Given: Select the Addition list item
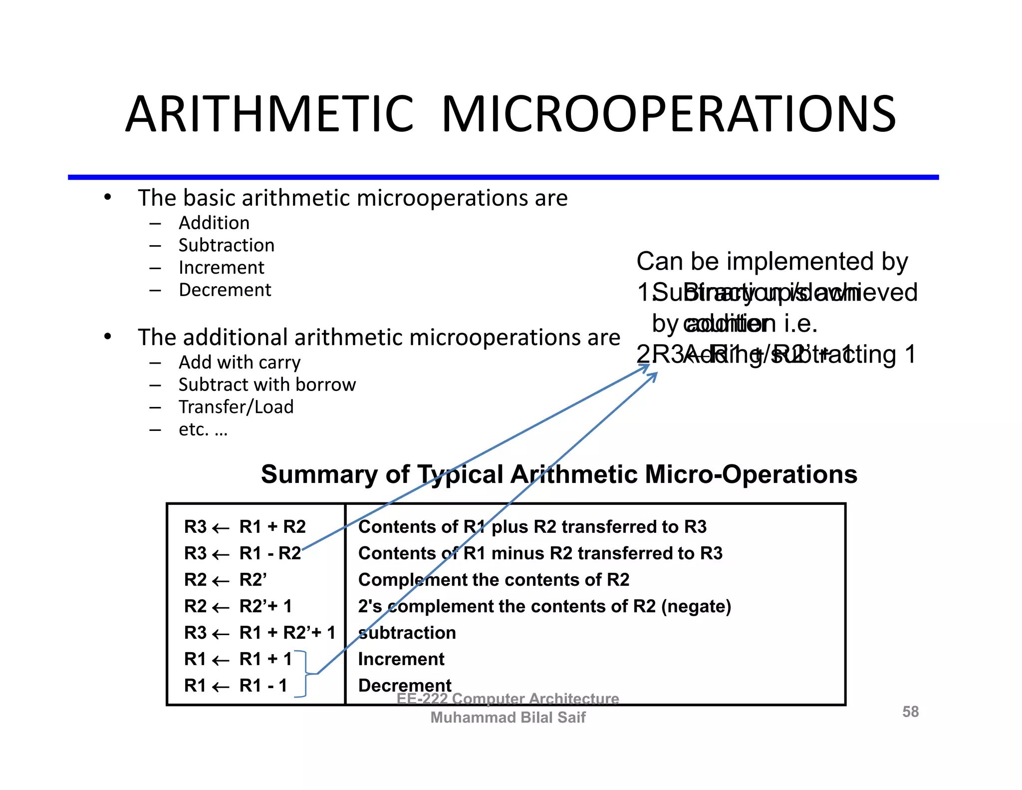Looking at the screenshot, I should [214, 223].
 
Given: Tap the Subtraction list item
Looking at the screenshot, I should [227, 245].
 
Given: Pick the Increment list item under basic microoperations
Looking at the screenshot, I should [222, 268].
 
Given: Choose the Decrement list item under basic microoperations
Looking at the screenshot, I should [225, 290].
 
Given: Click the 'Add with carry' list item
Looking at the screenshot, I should [240, 362].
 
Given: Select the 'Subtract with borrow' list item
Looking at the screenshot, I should [267, 385].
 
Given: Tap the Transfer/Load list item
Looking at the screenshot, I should [236, 407].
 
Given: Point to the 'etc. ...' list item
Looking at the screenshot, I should [203, 429].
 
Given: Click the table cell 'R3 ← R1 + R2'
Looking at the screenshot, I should [245, 527].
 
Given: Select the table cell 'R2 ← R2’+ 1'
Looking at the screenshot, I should [238, 606].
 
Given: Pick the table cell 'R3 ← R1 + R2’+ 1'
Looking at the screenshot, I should [259, 633].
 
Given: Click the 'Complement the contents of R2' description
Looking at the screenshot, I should [494, 580].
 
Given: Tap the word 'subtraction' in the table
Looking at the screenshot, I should [407, 633].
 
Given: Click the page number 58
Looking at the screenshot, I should [910, 712].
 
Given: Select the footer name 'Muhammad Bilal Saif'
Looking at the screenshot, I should [508, 718].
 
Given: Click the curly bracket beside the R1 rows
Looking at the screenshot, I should [304, 674].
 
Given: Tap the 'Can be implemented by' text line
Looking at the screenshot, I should [772, 261].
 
